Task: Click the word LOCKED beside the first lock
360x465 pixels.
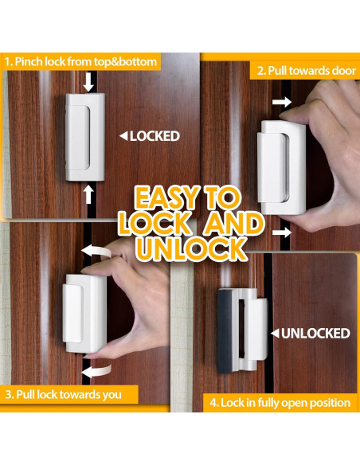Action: click(155, 136)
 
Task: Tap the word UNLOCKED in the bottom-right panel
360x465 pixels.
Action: click(316, 332)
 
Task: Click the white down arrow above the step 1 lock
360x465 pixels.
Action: click(89, 81)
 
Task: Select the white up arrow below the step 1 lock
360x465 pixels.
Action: click(89, 193)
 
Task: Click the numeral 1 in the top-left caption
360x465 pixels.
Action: click(7, 61)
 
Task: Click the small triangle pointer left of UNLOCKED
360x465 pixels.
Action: click(275, 332)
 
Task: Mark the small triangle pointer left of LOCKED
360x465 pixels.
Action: click(123, 136)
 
